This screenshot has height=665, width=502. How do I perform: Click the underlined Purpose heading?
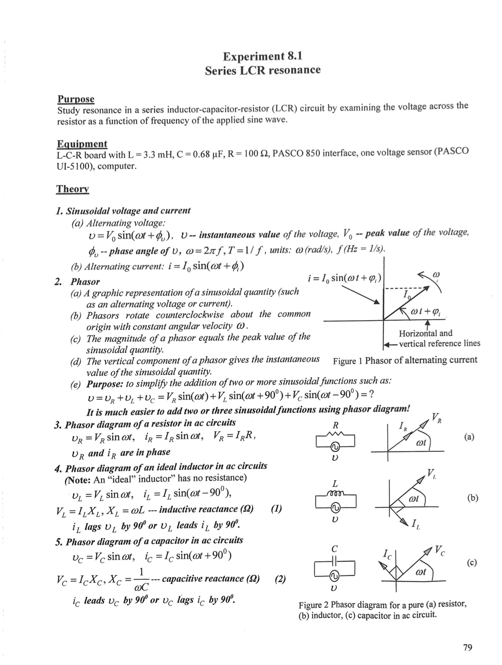76,99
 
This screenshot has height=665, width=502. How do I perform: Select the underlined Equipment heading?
82,144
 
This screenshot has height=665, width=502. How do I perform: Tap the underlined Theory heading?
72,188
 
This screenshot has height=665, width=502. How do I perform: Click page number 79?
467,647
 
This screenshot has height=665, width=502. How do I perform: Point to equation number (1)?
276,508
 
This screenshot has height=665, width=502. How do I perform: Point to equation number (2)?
280,579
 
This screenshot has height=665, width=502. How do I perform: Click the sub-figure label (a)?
469,437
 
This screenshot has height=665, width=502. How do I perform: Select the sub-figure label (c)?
472,562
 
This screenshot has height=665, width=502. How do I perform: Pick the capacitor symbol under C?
335,561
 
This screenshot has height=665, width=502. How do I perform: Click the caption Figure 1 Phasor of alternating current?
405,360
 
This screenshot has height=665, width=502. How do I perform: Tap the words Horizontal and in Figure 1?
425,333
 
